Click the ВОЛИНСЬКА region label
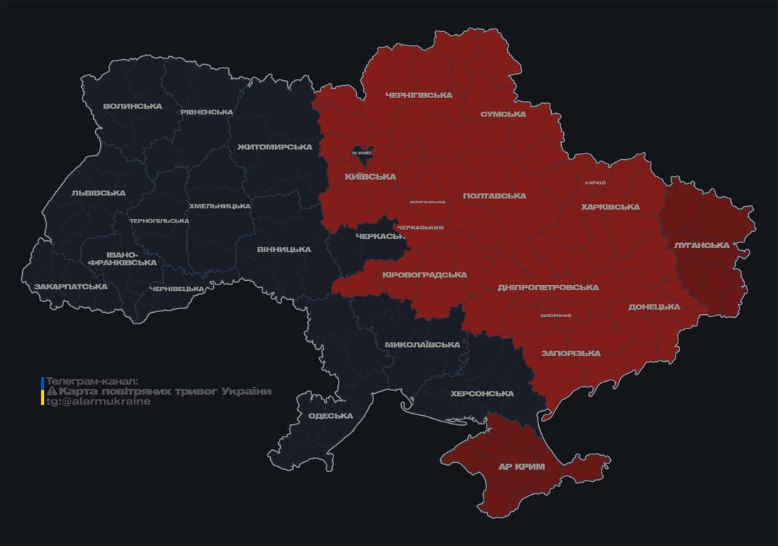tap(132, 107)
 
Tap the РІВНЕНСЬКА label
tap(206, 112)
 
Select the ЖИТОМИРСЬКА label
tap(275, 147)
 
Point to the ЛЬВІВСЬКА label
tap(98, 193)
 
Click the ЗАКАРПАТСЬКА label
tap(70, 287)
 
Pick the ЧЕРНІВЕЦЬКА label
tap(177, 289)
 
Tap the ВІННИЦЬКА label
tap(284, 250)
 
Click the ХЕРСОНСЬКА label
tap(482, 394)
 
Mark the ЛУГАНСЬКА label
tap(701, 245)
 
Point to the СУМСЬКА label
tap(503, 114)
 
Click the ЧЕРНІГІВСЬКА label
tap(418, 95)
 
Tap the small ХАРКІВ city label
tap(595, 183)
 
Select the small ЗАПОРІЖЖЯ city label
tap(555, 316)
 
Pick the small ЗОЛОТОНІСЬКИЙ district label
tap(427, 202)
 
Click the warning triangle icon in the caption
tap(51, 392)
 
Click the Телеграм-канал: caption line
tap(92, 382)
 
